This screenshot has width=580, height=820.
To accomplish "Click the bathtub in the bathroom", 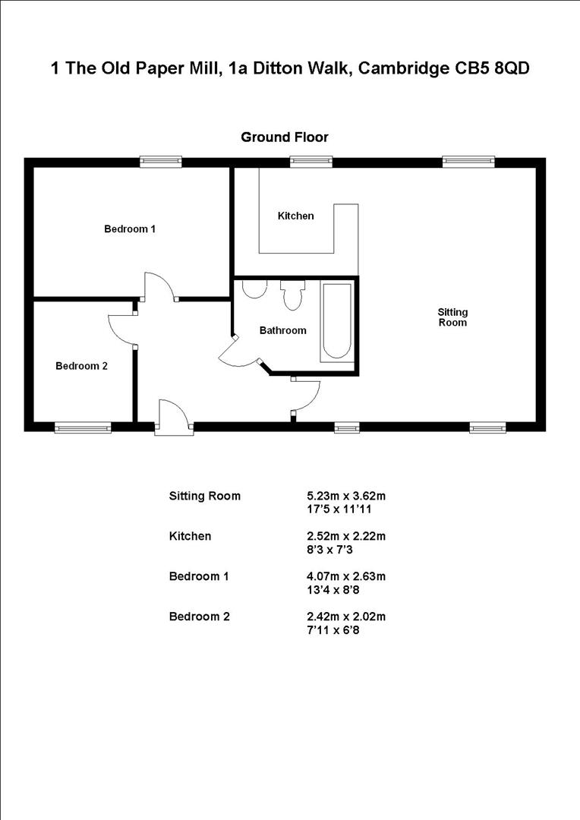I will [337, 321].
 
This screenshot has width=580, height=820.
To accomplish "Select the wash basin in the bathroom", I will [253, 289].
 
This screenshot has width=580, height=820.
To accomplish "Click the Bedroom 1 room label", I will [130, 229].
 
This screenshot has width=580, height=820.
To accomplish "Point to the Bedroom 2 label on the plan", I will [81, 366].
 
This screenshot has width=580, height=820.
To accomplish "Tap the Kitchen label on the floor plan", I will [295, 216].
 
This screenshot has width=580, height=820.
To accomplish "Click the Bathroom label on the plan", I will [282, 330].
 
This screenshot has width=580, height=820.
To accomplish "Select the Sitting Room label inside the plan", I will [452, 317].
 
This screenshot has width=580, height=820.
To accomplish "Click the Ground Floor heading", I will [285, 137].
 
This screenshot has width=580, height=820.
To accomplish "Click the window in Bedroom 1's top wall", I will [161, 161].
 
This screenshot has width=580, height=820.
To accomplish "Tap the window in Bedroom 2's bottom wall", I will [83, 428].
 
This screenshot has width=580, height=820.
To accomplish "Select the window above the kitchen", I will [311, 161].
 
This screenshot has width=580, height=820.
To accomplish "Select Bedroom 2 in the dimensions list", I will [199, 617].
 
